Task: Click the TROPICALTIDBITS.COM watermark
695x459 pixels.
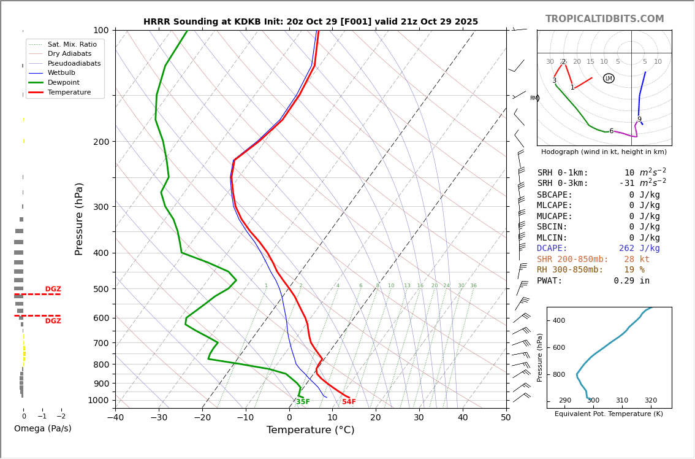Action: (604, 19)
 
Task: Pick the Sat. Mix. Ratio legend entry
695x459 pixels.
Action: (72, 44)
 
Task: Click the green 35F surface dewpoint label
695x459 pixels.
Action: (303, 402)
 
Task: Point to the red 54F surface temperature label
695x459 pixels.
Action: (349, 402)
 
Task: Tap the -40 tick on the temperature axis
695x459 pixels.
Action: (115, 418)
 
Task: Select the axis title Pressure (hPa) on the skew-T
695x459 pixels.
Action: (79, 218)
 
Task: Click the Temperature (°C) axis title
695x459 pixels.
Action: (310, 430)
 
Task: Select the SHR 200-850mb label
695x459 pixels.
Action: (572, 260)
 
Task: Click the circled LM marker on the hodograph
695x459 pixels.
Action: (609, 79)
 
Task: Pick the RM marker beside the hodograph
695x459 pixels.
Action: (534, 98)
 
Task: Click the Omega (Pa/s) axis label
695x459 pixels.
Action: (43, 428)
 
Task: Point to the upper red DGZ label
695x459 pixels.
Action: (53, 289)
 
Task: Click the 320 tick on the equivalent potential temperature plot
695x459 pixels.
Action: (650, 401)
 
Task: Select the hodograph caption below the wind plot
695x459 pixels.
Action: (604, 152)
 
